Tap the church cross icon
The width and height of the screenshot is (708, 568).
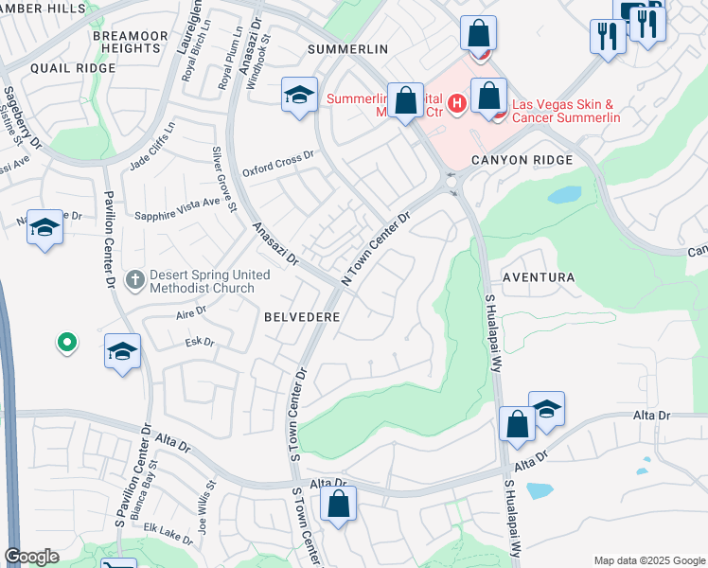(135, 280)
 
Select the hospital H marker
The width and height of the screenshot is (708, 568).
(456, 102)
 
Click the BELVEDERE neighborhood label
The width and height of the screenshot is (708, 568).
(301, 318)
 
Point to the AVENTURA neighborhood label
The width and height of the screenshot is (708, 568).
(539, 277)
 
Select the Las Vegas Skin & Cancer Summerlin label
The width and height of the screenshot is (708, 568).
(566, 111)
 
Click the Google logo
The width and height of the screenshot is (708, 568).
(32, 557)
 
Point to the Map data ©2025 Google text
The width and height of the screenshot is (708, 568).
(649, 560)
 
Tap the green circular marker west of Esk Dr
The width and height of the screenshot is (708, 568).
(66, 342)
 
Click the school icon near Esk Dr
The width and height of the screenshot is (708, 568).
(122, 351)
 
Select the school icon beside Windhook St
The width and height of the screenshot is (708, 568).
(299, 95)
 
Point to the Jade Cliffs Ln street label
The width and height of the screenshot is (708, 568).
(153, 146)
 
